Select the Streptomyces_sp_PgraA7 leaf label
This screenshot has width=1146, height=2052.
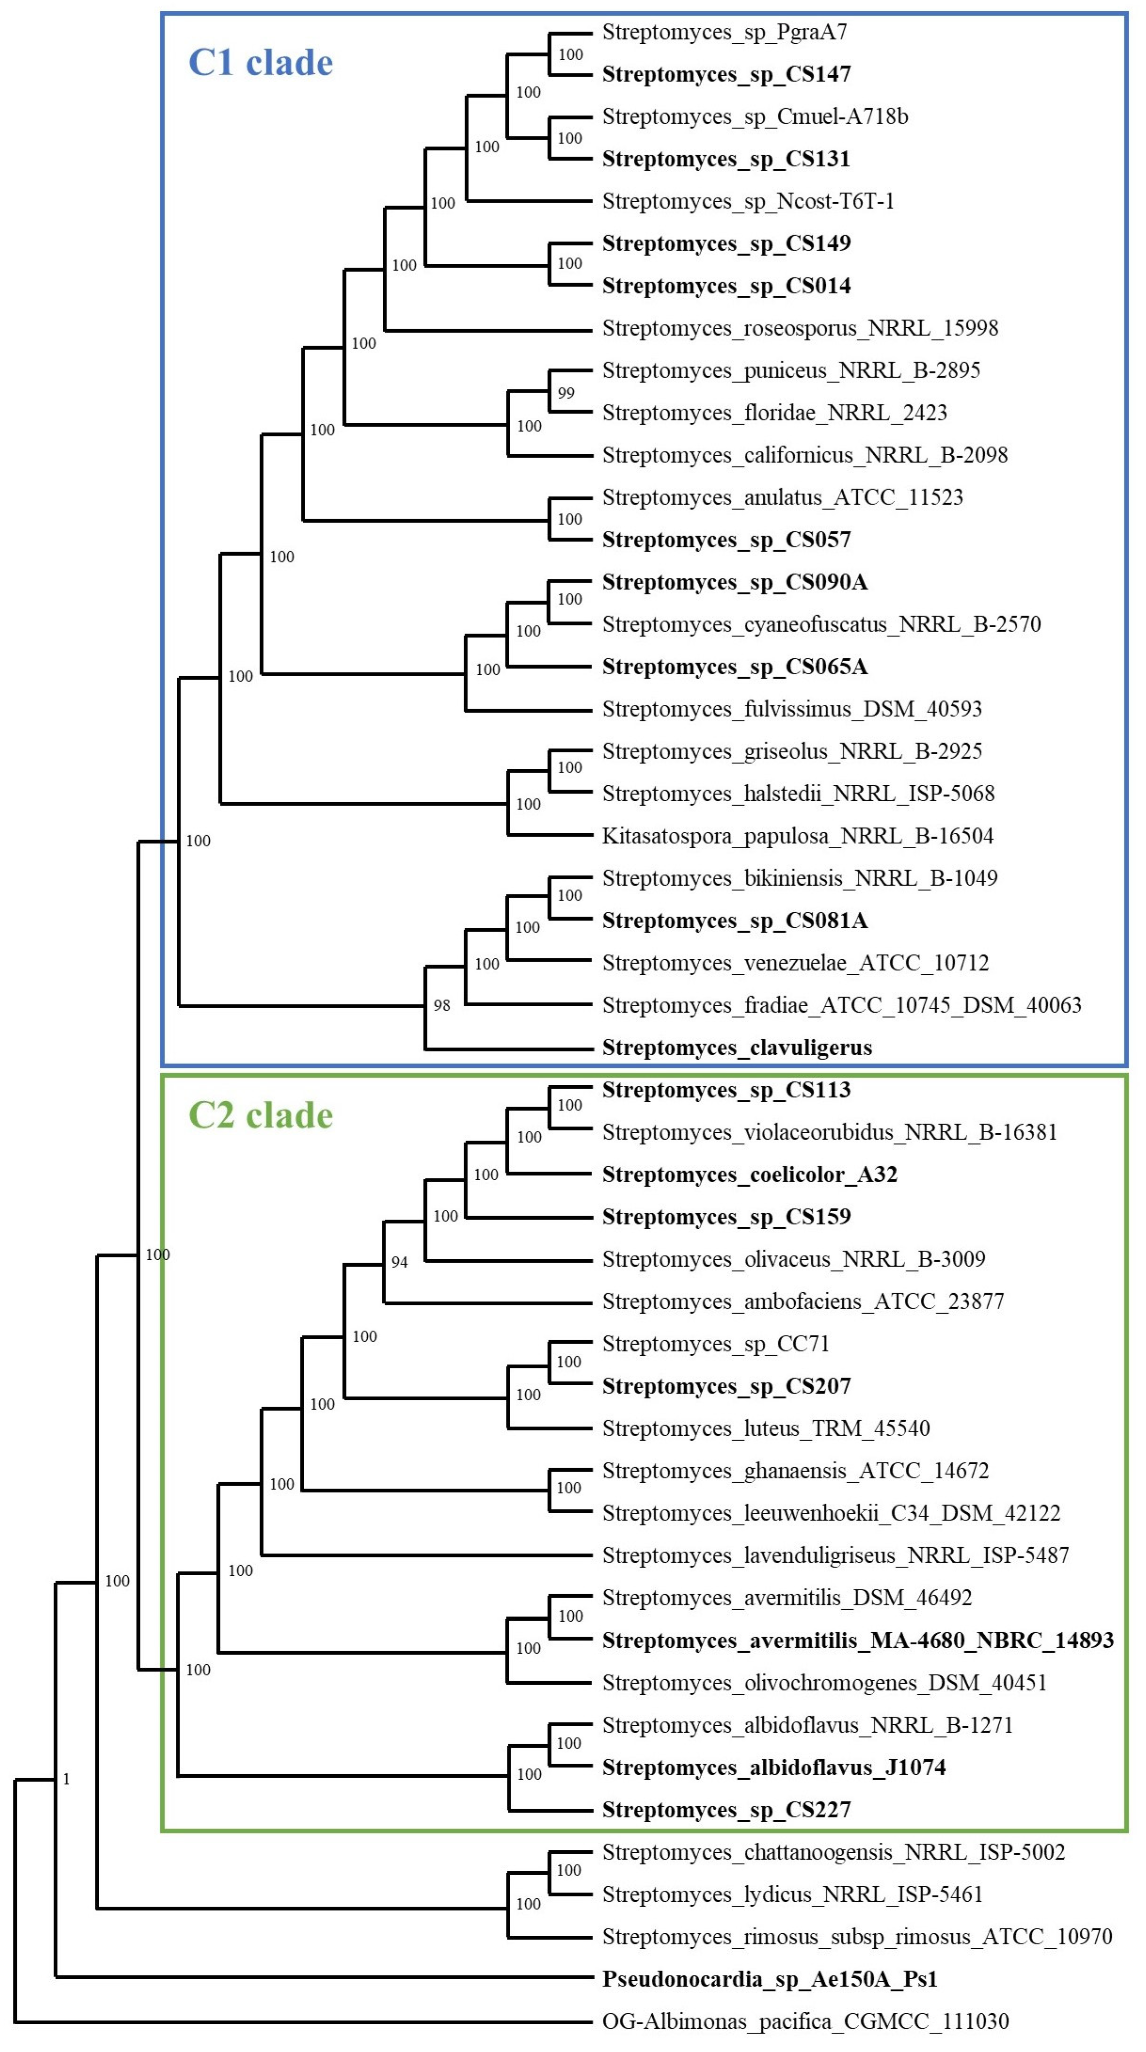pos(724,32)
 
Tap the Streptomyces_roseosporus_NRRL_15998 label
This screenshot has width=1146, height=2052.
pos(799,328)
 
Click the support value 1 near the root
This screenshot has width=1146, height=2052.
pos(66,1779)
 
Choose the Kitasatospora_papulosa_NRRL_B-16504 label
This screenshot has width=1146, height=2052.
pos(797,836)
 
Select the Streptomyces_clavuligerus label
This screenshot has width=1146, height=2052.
pos(737,1048)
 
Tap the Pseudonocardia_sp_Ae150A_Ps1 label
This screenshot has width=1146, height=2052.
pos(769,1979)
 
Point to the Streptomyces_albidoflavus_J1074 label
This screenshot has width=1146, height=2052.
pos(773,1768)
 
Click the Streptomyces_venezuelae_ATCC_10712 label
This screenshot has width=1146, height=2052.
pos(795,963)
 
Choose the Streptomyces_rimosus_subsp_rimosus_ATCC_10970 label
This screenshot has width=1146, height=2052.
pos(857,1936)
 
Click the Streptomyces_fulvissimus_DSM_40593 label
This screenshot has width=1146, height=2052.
pos(791,709)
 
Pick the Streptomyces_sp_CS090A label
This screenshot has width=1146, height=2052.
pos(734,582)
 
